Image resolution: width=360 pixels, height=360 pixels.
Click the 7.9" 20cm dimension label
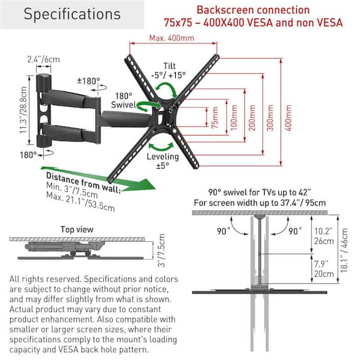tap(325, 267)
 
